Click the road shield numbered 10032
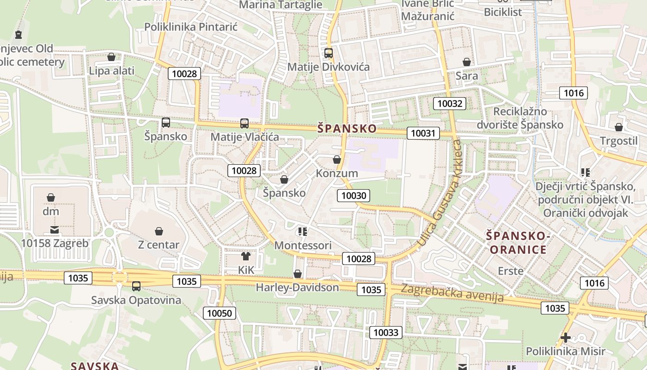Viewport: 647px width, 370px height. pyautogui.click(x=450, y=104)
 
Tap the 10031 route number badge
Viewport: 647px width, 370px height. pyautogui.click(x=423, y=134)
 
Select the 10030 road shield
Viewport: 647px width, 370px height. pyautogui.click(x=354, y=196)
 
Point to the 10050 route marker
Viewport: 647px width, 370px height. pyautogui.click(x=220, y=313)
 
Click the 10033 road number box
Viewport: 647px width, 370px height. pyautogui.click(x=386, y=333)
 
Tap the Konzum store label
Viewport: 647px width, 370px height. pyautogui.click(x=337, y=173)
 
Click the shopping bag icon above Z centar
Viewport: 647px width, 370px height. pyautogui.click(x=159, y=231)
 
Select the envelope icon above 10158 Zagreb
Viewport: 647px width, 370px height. pyautogui.click(x=55, y=230)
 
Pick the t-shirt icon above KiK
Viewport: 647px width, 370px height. pyautogui.click(x=246, y=256)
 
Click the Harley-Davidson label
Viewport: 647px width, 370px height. pyautogui.click(x=297, y=288)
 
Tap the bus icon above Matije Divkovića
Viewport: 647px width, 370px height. pyautogui.click(x=329, y=53)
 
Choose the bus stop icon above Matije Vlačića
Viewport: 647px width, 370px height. pyautogui.click(x=244, y=123)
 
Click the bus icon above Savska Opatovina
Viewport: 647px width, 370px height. pyautogui.click(x=136, y=286)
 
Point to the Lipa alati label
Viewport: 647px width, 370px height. pyautogui.click(x=112, y=71)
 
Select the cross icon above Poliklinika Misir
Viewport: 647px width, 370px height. pyautogui.click(x=565, y=338)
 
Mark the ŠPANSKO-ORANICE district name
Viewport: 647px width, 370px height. pyautogui.click(x=518, y=243)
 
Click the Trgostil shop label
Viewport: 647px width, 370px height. pyautogui.click(x=618, y=141)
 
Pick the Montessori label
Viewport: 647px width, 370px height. pyautogui.click(x=303, y=246)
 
